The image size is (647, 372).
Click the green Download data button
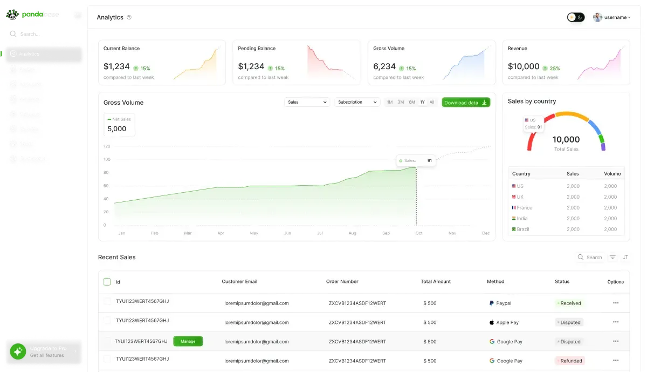coord(466,103)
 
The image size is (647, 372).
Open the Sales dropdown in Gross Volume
coord(307,102)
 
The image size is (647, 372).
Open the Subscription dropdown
coord(357,102)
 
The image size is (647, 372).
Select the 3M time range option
coord(401,102)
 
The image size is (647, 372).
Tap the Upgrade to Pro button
coord(44,350)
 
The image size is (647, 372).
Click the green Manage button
coord(188,341)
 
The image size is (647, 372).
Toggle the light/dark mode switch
coord(575,17)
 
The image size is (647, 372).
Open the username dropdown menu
coord(612,17)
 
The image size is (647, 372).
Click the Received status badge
coord(570,303)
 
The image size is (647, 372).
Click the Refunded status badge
coord(570,361)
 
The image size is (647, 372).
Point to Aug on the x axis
coord(353,233)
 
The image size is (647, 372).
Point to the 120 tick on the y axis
coord(107,146)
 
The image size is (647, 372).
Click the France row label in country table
coord(524,208)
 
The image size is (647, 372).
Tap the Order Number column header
coord(342,281)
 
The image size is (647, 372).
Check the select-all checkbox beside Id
coord(107,282)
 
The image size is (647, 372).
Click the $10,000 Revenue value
coord(524,66)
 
